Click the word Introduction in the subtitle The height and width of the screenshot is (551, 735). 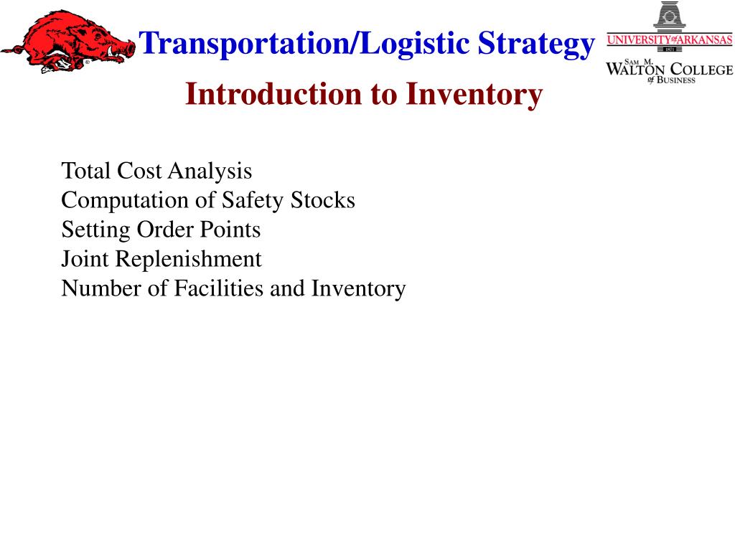pos(273,95)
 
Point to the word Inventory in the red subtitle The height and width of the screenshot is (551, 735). pos(474,95)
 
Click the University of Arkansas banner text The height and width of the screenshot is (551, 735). pos(669,40)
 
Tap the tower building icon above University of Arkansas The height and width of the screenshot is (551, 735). pos(669,17)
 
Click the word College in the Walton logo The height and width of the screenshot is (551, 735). pos(701,69)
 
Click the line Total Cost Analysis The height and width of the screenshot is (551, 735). pos(156,171)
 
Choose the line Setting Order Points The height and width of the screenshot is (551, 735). pos(161,230)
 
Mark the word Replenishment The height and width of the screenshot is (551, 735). pos(189,259)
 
